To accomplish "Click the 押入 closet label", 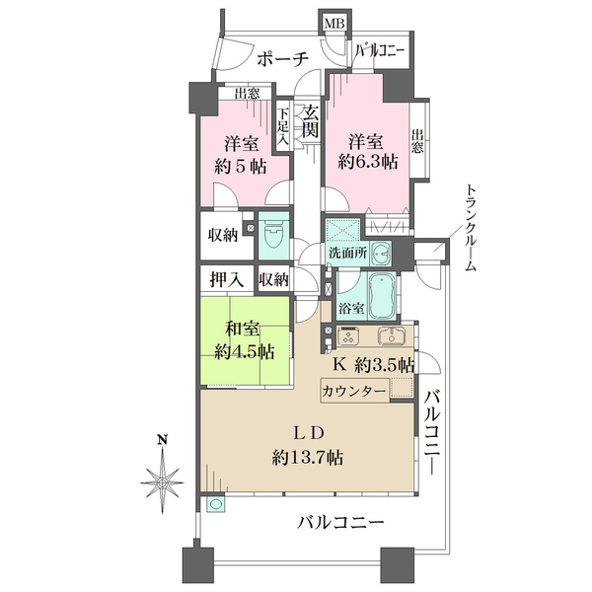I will pos(226,280).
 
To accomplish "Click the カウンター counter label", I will pos(353,391).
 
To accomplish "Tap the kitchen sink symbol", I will pos(388,334).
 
